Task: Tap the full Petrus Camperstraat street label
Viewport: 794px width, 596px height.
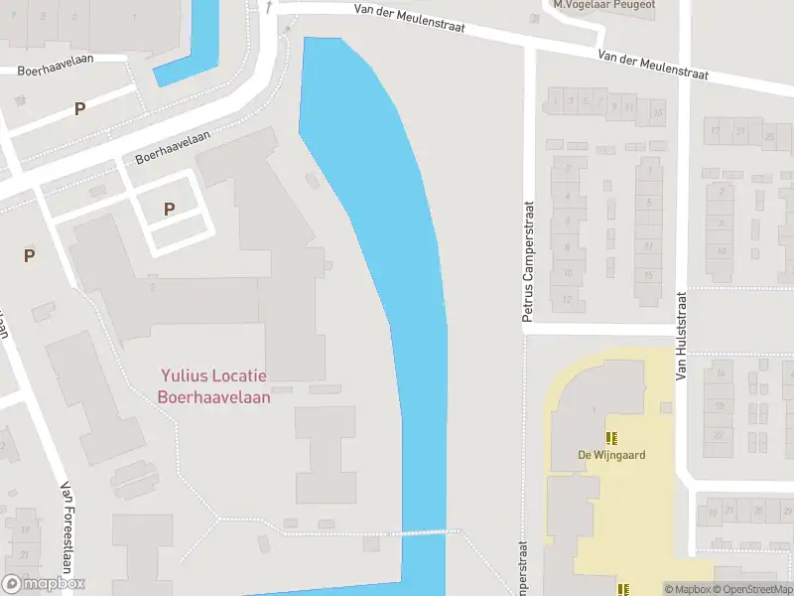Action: (529, 261)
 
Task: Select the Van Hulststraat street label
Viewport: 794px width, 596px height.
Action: (682, 336)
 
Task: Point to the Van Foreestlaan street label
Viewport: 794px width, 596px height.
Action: (68, 522)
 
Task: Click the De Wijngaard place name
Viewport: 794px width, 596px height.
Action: (611, 456)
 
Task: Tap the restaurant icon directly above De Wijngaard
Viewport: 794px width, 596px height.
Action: (611, 437)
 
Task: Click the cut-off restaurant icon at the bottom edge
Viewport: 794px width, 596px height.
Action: (622, 590)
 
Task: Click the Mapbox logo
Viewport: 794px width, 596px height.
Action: (43, 584)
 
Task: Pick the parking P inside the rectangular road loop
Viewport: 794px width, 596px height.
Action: (169, 209)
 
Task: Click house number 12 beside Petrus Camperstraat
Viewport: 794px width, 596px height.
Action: (567, 299)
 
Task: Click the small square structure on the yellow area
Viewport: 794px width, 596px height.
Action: (667, 407)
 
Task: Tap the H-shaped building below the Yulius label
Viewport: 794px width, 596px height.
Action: (327, 452)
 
